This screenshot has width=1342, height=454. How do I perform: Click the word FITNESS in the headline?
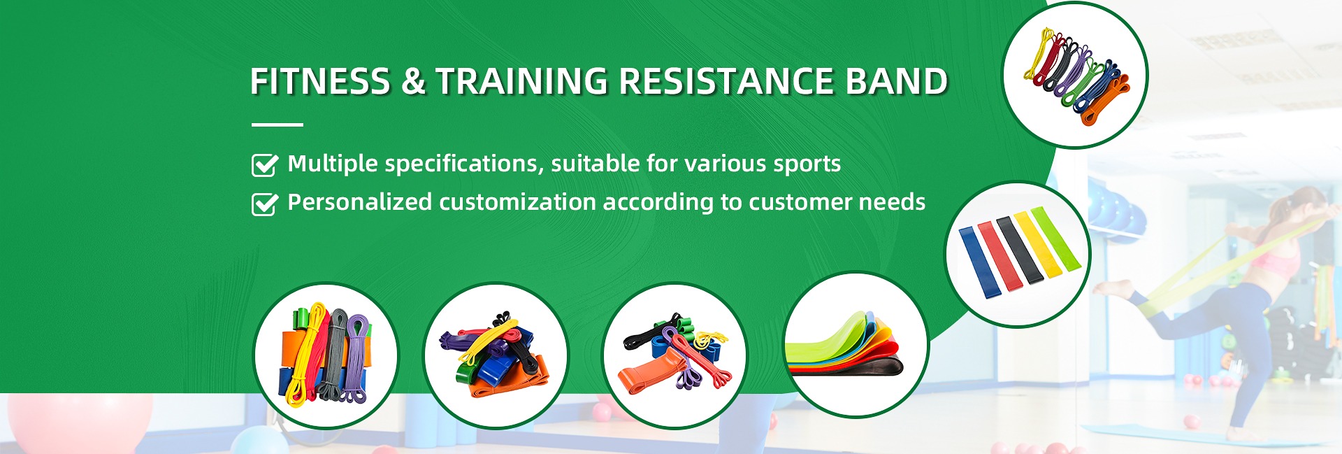click(319, 81)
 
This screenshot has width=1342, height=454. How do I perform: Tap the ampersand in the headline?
click(413, 81)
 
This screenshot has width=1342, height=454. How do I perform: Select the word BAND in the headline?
click(897, 81)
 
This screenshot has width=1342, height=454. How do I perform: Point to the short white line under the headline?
click(277, 125)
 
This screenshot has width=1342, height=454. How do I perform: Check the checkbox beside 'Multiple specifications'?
click(264, 165)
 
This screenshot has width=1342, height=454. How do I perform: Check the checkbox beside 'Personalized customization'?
click(264, 204)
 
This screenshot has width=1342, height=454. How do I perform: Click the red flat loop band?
click(1000, 257)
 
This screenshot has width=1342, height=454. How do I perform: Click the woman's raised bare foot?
click(1112, 288)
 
